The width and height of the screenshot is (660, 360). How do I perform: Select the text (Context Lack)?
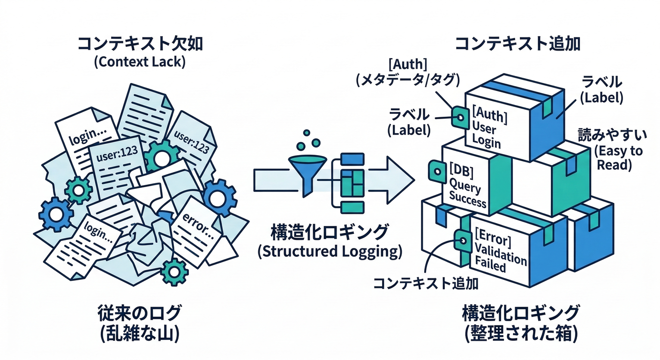pyautogui.click(x=139, y=62)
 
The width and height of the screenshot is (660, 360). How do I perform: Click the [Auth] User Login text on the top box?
pyautogui.click(x=489, y=127)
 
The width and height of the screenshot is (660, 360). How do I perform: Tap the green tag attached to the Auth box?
pyautogui.click(x=459, y=116)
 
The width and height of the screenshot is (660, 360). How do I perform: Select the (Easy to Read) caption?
pyautogui.click(x=618, y=158)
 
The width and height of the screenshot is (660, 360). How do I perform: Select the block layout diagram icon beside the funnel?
pyautogui.click(x=347, y=182)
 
